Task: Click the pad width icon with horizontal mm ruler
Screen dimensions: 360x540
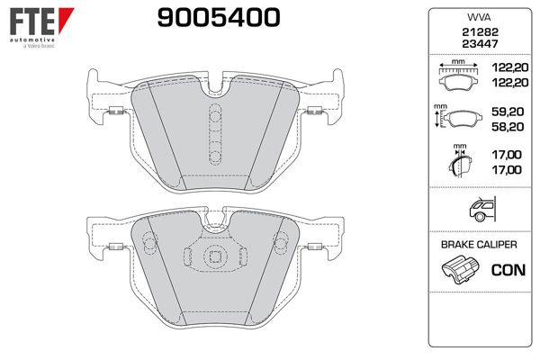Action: [x=458, y=76]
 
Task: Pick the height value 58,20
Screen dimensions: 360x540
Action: [x=504, y=128]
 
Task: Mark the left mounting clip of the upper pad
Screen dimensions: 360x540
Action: [x=116, y=111]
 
